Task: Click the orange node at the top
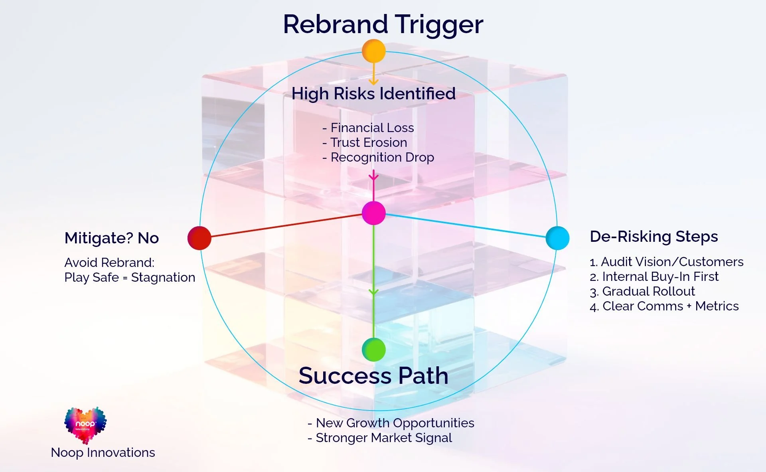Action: tap(373, 51)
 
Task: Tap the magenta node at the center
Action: tap(373, 213)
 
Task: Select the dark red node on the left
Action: tap(199, 238)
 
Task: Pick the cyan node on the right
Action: tap(557, 238)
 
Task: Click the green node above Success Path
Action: tap(373, 350)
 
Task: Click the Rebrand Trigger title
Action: tap(383, 24)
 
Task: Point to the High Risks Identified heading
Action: tap(373, 94)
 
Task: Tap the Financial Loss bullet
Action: tap(368, 128)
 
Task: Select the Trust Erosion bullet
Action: tap(365, 142)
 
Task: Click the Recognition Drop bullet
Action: tap(378, 157)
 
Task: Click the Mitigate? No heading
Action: tap(112, 238)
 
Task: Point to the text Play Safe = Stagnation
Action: tap(130, 277)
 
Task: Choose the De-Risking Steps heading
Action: tap(653, 237)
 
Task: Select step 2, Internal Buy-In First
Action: tap(654, 276)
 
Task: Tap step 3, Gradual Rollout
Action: tap(642, 291)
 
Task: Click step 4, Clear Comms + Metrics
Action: tap(664, 306)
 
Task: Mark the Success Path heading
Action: tap(373, 376)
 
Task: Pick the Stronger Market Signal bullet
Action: tap(380, 438)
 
